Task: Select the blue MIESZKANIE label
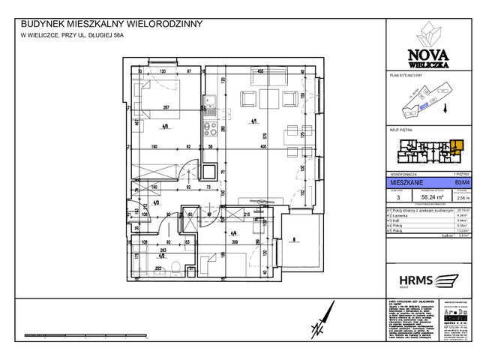coord(405,181)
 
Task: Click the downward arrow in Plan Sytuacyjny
coord(448,108)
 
